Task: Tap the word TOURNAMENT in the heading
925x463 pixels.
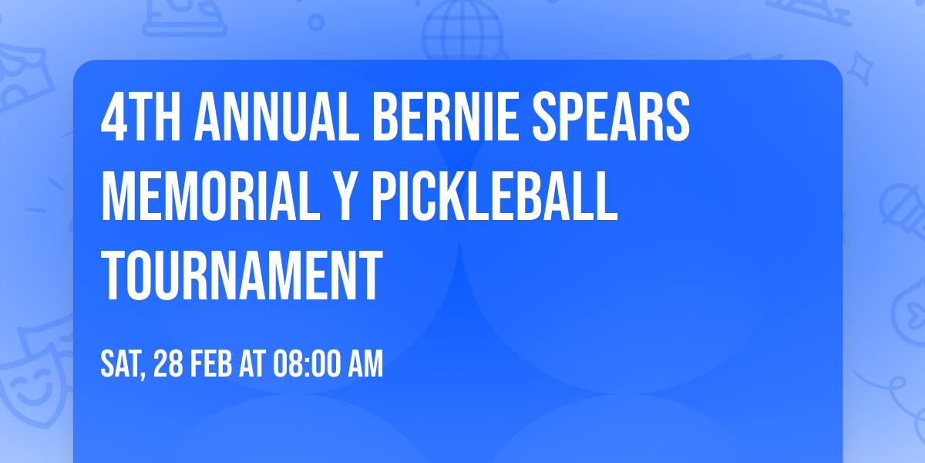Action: [x=242, y=275]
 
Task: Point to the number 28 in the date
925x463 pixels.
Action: [x=170, y=364]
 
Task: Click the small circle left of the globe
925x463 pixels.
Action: [x=317, y=24]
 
